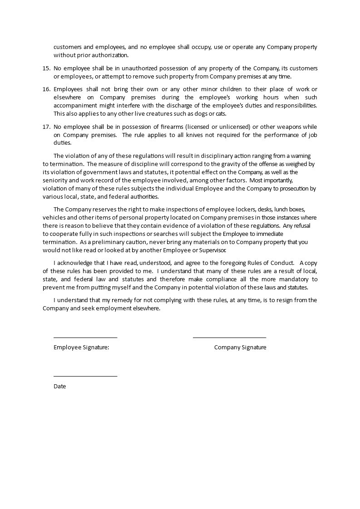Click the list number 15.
coord(46,68)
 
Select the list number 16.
coord(46,88)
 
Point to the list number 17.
coord(46,126)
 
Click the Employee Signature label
coord(81,347)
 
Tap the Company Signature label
coord(240,347)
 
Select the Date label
coord(59,387)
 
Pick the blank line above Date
coord(85,376)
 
